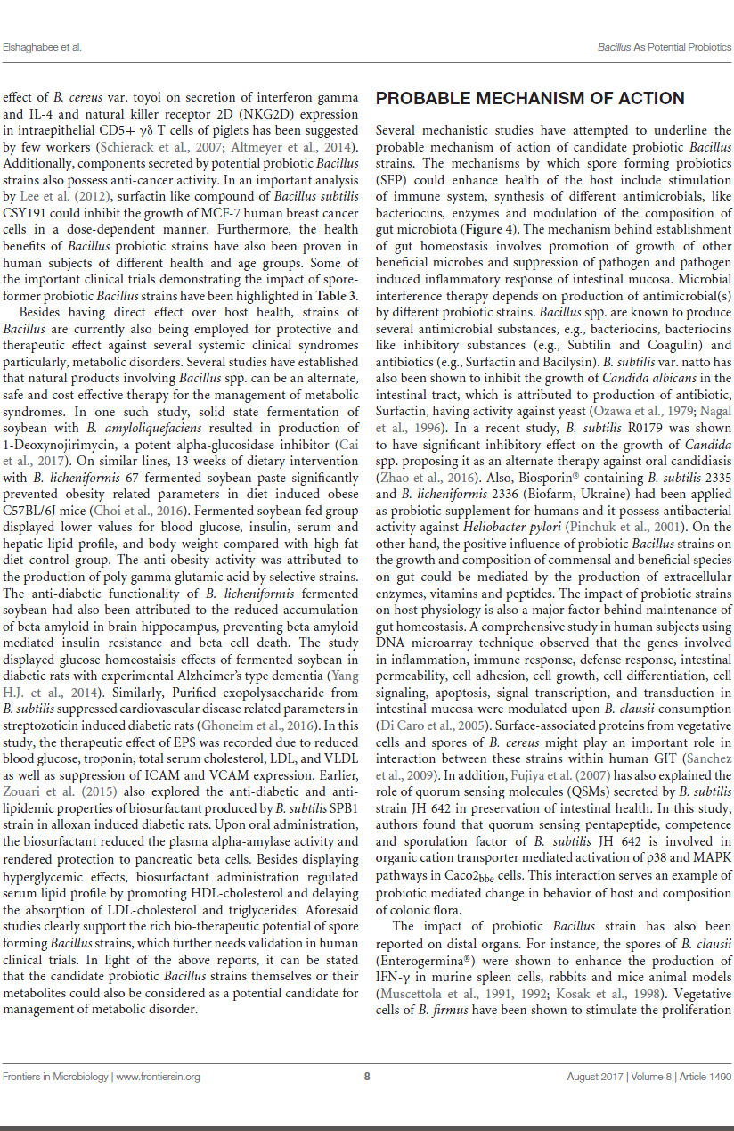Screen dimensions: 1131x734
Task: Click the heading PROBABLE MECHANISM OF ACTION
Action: click(x=530, y=99)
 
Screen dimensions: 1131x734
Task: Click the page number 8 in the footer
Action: click(x=367, y=1077)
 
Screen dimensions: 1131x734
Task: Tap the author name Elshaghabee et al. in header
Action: click(x=42, y=46)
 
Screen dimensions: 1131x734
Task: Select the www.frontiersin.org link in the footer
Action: click(x=158, y=1077)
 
